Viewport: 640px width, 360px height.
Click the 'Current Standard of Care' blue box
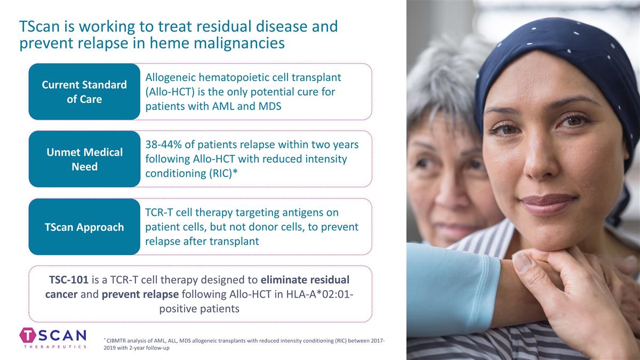coord(84,92)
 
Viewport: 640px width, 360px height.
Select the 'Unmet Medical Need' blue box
coord(84,159)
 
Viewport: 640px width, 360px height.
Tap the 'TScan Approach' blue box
coord(84,227)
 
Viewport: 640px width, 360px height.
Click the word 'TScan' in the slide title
coord(39,26)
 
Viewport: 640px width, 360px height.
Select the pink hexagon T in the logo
coord(28,335)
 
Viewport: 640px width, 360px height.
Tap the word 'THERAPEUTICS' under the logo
coord(55,346)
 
